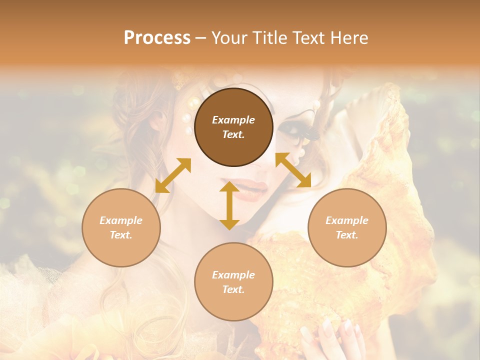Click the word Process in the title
tap(157, 38)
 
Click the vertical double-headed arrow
tap(229, 205)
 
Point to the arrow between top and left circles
tap(173, 175)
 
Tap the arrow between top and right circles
tap(293, 170)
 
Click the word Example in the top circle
tap(233, 120)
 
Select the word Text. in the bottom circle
tap(233, 289)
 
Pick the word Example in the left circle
tap(121, 220)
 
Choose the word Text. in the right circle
tap(347, 235)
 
